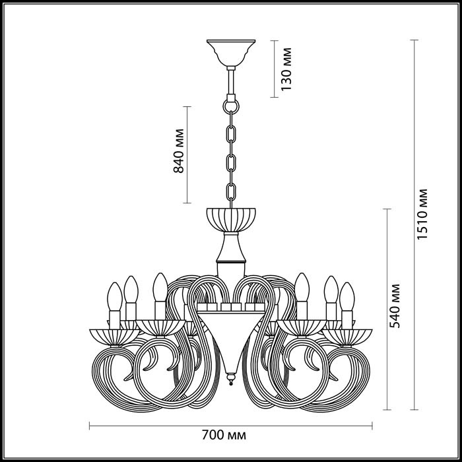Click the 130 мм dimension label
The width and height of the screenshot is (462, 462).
point(286,69)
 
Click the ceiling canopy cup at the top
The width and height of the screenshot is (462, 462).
point(231,51)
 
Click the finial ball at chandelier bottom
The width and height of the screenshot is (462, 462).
point(231,381)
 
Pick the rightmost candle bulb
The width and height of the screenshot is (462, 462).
point(346,296)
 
